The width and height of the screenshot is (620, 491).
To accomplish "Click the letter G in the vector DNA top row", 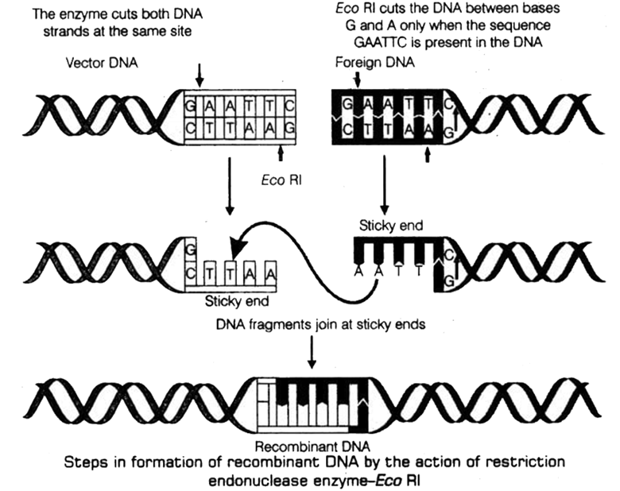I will tap(191, 104).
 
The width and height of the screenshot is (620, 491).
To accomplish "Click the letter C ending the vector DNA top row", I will tap(292, 104).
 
